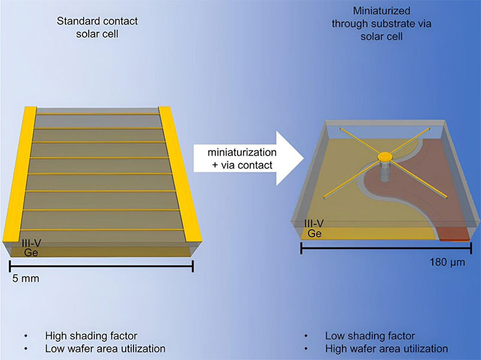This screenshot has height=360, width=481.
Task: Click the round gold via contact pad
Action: pos(385,157)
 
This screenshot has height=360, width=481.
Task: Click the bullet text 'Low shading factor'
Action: pos(370,335)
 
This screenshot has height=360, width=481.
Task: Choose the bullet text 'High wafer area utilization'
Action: pos(387,348)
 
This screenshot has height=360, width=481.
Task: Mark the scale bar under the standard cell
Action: pos(101,267)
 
